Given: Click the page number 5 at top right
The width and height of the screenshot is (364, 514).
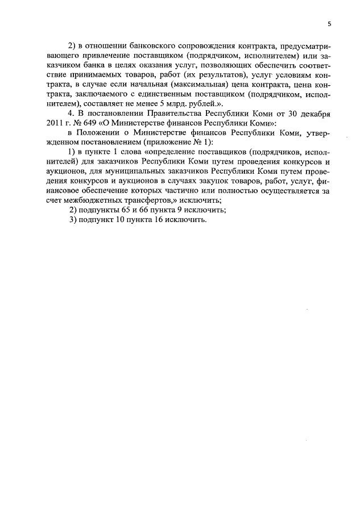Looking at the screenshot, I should (x=329, y=23).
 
